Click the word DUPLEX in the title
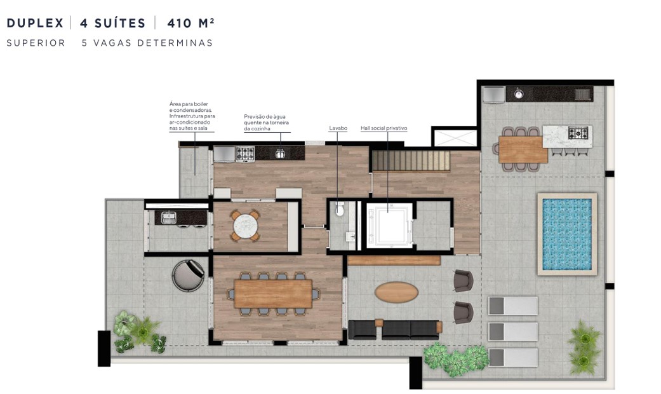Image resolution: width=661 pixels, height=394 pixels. click(x=35, y=24)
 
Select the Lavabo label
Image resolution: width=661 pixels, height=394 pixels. click(x=338, y=128)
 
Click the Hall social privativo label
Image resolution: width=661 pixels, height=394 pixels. click(x=384, y=128)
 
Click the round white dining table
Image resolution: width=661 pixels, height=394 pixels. click(x=244, y=225)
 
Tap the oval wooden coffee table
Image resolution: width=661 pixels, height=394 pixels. click(x=396, y=292)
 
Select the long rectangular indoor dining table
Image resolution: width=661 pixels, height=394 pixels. click(x=273, y=294)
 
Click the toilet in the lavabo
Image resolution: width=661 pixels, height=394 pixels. click(x=339, y=208)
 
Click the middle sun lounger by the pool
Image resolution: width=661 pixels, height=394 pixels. click(x=512, y=331)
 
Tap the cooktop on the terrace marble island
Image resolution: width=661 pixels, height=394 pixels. click(x=578, y=133)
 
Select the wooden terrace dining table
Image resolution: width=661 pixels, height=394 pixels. click(x=523, y=149)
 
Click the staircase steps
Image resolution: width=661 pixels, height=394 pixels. click(x=410, y=161)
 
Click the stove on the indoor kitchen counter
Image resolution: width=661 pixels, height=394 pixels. click(x=245, y=154)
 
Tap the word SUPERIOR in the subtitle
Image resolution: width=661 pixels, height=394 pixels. click(x=36, y=43)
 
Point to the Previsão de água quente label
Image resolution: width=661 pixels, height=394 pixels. click(x=266, y=123)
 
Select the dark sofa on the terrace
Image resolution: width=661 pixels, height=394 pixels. click(x=394, y=329)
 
